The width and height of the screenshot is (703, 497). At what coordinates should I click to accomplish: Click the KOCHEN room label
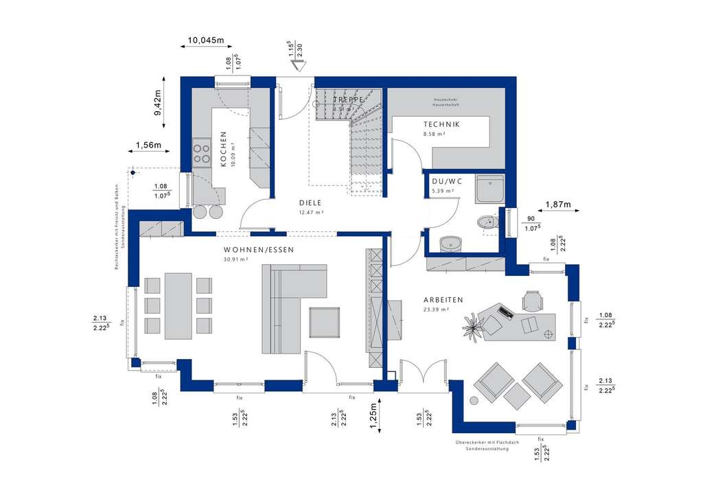223,149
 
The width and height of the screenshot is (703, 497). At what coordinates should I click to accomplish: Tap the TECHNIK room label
441,124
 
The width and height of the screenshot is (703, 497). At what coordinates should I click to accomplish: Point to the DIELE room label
310,203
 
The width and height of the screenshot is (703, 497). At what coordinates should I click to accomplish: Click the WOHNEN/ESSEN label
259,250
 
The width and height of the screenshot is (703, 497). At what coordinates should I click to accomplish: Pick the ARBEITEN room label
443,300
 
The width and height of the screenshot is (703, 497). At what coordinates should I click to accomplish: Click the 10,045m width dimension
206,41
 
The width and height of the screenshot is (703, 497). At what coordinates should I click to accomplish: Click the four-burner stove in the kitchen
202,152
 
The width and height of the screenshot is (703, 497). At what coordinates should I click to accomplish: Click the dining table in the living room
178,305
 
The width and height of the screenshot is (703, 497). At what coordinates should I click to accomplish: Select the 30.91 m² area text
235,260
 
